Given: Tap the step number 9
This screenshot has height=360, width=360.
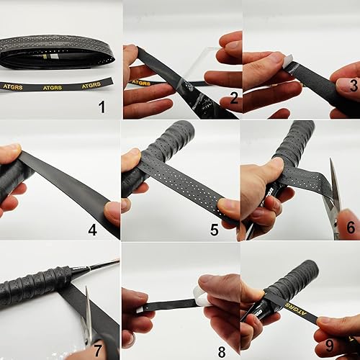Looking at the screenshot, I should pyautogui.click(x=329, y=345).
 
